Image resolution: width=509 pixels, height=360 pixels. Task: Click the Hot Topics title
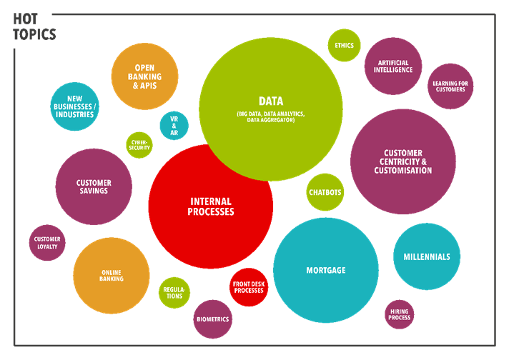pos(34,26)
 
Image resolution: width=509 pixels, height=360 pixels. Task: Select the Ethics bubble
pos(344,46)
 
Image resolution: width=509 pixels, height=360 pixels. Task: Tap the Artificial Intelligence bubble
pos(392,66)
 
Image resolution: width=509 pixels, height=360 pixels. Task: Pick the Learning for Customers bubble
pos(450,86)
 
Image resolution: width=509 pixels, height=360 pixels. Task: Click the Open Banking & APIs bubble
pos(144,76)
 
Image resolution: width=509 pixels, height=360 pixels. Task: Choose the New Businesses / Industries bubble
pos(74,106)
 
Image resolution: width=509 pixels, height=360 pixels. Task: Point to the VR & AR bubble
pos(174,126)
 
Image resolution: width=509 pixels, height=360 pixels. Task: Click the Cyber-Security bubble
pos(139,144)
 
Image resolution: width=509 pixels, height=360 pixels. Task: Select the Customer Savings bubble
pos(94,187)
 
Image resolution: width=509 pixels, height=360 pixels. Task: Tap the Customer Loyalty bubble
pos(47,243)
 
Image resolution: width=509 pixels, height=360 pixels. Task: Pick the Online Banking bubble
pos(111,275)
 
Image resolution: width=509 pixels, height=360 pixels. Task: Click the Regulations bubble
pos(174,292)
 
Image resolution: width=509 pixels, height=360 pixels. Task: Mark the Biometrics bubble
pos(212,319)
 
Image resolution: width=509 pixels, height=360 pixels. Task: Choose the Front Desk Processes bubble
pos(248,287)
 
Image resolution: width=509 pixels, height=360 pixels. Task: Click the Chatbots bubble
pos(325,192)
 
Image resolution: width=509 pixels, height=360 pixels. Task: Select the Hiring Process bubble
pos(400,314)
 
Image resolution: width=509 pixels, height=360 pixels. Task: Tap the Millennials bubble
pos(427,256)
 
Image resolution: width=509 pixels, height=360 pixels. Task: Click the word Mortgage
pos(326,271)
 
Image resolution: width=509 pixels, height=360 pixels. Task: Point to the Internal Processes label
pos(211,207)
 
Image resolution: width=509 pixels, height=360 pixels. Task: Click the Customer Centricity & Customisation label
pos(403,162)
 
